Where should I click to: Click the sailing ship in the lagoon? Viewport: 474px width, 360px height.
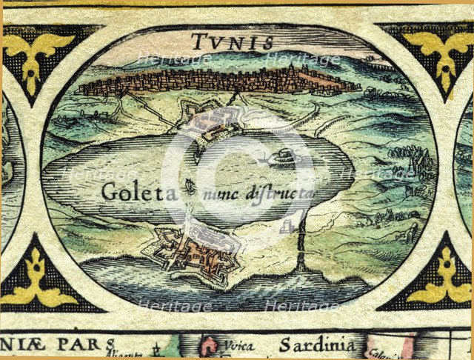point(191,186)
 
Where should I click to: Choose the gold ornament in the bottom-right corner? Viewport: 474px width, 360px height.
point(442,278)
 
